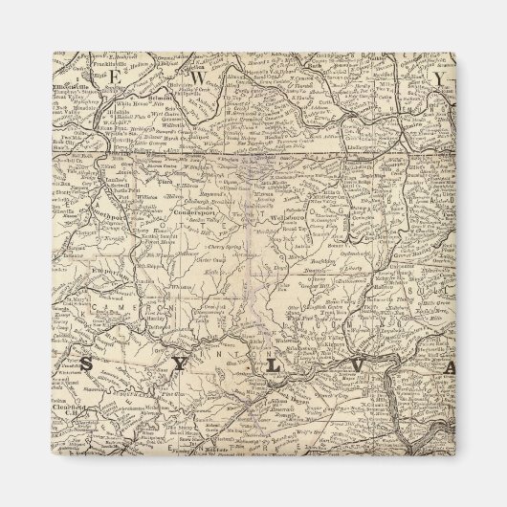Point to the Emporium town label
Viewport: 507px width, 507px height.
(81, 275)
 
